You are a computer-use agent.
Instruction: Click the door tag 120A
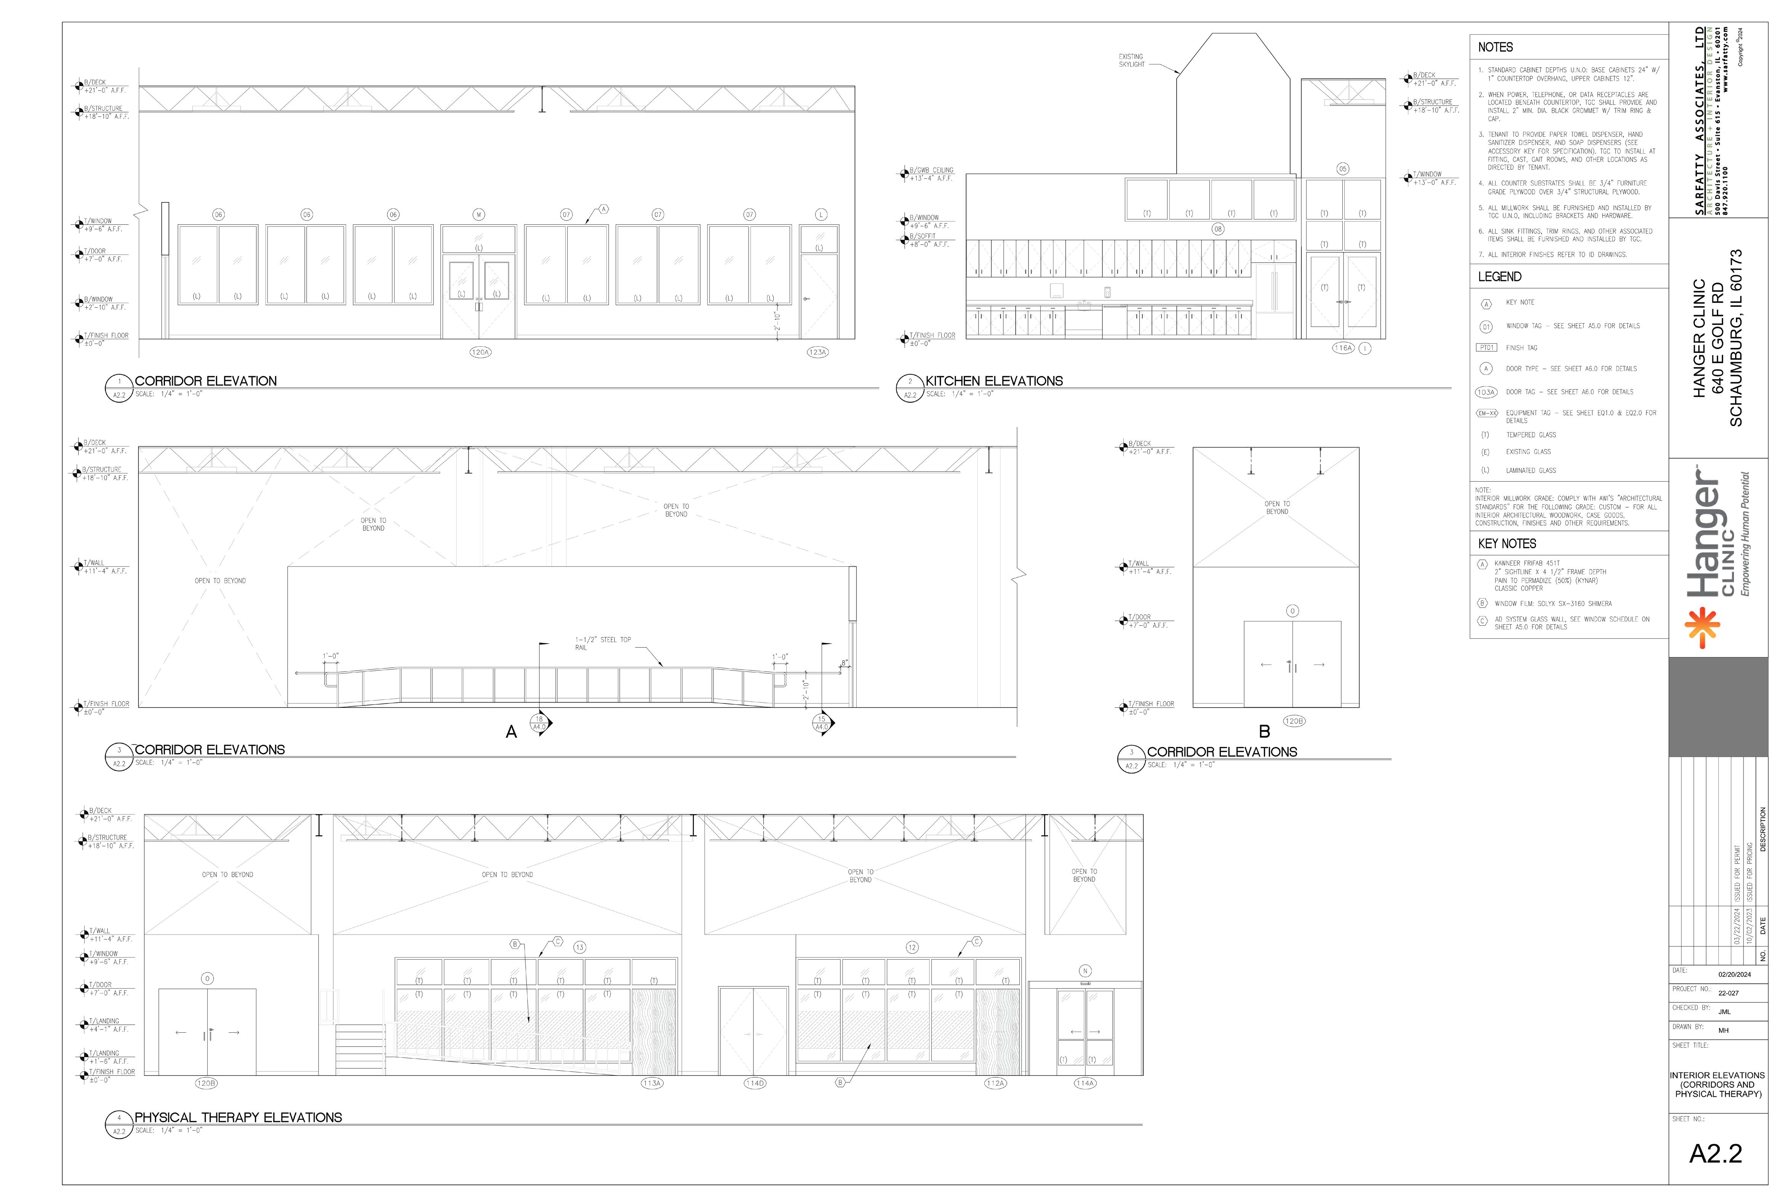tap(480, 353)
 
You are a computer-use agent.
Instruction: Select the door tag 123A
tap(817, 353)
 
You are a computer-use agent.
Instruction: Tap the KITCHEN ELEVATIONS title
tap(994, 381)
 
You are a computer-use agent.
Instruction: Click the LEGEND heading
tap(1499, 276)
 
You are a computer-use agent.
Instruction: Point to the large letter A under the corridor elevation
tap(512, 732)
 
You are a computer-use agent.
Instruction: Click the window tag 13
tap(580, 947)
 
